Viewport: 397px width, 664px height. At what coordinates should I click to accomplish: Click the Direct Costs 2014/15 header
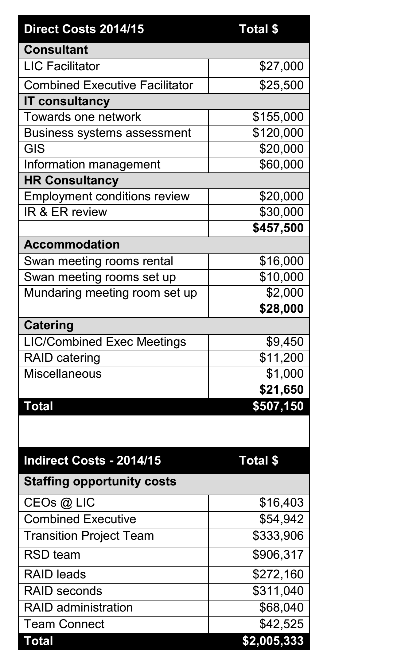pyautogui.click(x=84, y=29)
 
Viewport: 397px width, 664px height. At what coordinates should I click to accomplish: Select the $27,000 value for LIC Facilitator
pyautogui.click(x=281, y=66)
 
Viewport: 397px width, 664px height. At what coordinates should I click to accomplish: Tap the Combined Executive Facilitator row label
pyautogui.click(x=108, y=85)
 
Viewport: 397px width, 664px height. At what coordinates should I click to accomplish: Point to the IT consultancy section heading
pyautogui.click(x=67, y=101)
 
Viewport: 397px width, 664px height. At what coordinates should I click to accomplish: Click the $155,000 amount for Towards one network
pyautogui.click(x=278, y=117)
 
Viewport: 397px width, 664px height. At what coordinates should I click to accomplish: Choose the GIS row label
pyautogui.click(x=34, y=149)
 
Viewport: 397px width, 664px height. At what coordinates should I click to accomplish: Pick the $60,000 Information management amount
pyautogui.click(x=281, y=164)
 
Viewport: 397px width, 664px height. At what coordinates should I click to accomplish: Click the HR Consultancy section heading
pyautogui.click(x=71, y=180)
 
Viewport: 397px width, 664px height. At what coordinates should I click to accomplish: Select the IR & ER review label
pyautogui.click(x=65, y=212)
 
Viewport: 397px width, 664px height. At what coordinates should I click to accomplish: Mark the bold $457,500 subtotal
pyautogui.click(x=278, y=228)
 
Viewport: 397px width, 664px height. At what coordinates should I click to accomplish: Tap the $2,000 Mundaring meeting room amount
pyautogui.click(x=285, y=293)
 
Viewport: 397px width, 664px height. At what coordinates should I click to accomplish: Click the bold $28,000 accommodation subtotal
pyautogui.click(x=281, y=309)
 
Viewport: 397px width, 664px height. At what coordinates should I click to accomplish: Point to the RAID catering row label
pyautogui.click(x=62, y=358)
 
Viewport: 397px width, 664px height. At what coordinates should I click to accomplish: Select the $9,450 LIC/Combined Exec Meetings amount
pyautogui.click(x=285, y=342)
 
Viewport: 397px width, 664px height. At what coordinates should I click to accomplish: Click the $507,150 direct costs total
pyautogui.click(x=278, y=406)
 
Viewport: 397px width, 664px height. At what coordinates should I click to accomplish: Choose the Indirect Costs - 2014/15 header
pyautogui.click(x=92, y=461)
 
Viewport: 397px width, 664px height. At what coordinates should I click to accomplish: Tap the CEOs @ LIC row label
pyautogui.click(x=59, y=503)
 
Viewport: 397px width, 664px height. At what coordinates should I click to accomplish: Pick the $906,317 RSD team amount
pyautogui.click(x=278, y=555)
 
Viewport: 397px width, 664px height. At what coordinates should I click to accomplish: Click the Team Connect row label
pyautogui.click(x=64, y=624)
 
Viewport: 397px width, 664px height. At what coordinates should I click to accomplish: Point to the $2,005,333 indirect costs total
pyautogui.click(x=273, y=641)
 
